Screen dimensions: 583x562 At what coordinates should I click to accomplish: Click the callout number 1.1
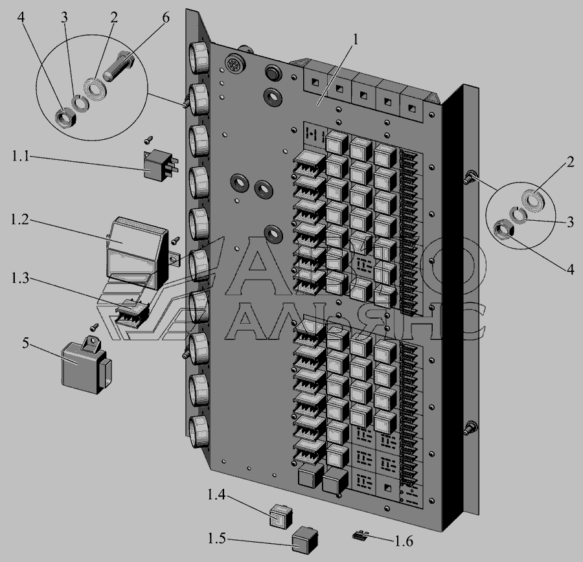pyautogui.click(x=21, y=156)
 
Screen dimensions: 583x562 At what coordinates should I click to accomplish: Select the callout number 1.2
pyautogui.click(x=19, y=219)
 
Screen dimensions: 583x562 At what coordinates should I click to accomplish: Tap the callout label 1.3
pyautogui.click(x=20, y=278)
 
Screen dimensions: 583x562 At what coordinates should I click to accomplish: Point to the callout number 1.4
pyautogui.click(x=216, y=495)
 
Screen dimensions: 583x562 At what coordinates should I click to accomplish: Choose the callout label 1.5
pyautogui.click(x=216, y=538)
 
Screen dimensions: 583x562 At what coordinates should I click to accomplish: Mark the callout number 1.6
pyautogui.click(x=404, y=541)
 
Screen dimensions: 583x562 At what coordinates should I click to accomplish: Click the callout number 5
pyautogui.click(x=25, y=343)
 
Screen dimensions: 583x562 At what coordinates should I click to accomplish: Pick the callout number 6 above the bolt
pyautogui.click(x=165, y=17)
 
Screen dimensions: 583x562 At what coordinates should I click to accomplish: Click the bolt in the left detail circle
pyautogui.click(x=119, y=66)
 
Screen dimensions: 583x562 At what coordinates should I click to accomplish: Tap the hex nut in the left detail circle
pyautogui.click(x=66, y=118)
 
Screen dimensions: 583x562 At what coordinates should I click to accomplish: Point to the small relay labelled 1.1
pyautogui.click(x=160, y=165)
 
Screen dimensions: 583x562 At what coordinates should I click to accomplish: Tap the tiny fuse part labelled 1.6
pyautogui.click(x=359, y=535)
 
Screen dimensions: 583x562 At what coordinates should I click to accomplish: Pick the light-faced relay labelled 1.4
pyautogui.click(x=280, y=516)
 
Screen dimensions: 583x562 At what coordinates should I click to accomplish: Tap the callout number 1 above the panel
pyautogui.click(x=356, y=39)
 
